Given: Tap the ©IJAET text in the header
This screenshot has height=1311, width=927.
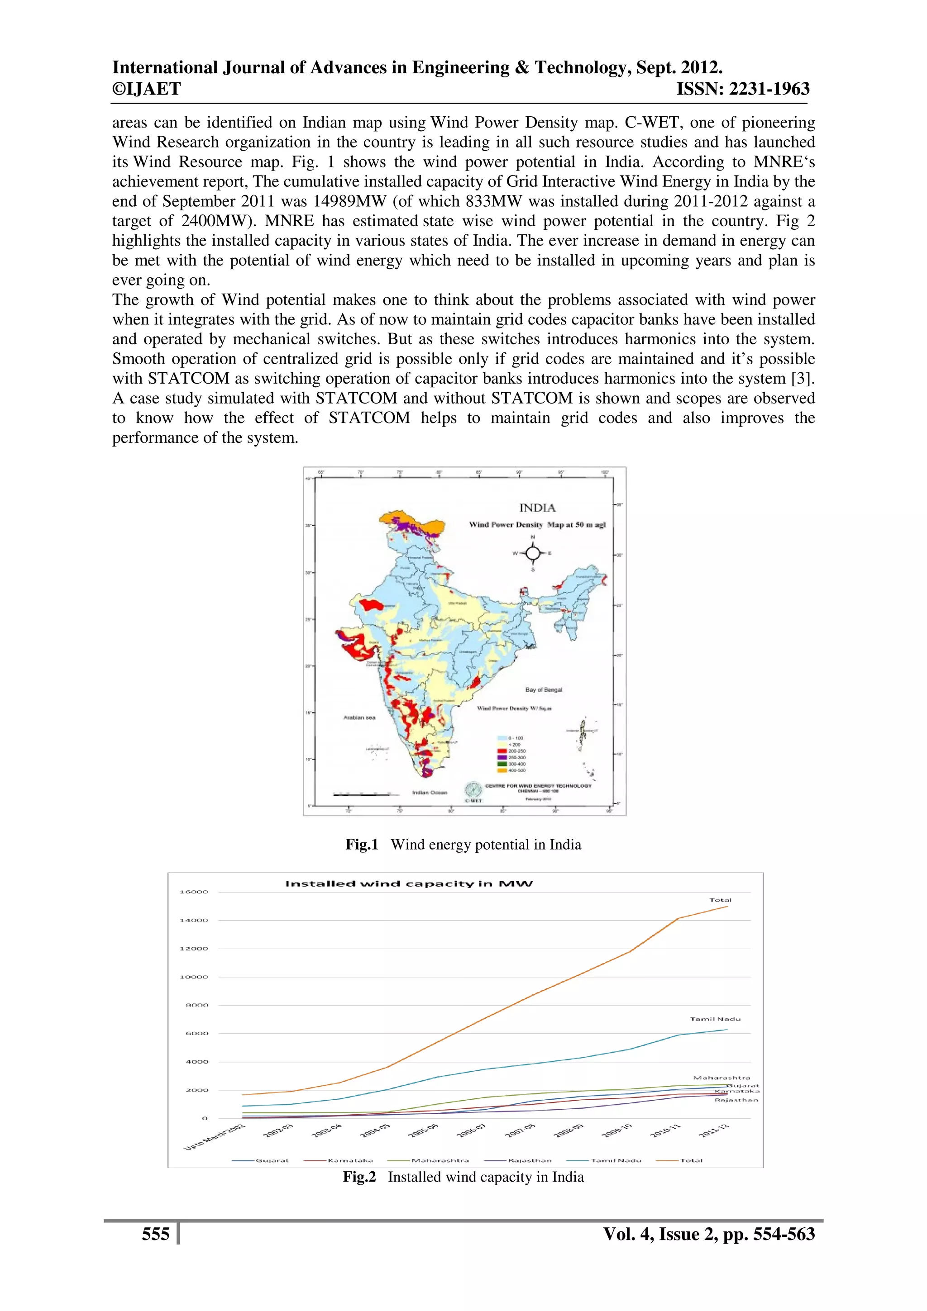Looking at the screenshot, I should (146, 89).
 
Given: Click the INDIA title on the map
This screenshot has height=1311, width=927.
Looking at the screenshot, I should (537, 508).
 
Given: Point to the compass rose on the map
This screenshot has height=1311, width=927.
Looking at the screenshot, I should (533, 553).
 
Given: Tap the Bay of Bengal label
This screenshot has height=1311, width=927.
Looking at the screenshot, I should (544, 690).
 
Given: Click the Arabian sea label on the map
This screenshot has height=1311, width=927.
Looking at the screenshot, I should (359, 718).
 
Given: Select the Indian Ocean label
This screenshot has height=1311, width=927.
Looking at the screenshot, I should (430, 793).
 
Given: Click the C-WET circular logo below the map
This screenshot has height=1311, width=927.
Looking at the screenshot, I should (473, 790).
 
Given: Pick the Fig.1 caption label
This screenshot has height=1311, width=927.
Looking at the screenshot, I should (362, 845).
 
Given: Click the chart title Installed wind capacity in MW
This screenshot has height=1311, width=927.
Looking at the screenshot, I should (409, 884).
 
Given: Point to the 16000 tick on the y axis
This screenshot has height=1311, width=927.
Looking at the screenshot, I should (194, 892).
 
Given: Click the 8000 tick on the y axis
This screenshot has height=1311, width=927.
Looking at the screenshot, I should (197, 1005).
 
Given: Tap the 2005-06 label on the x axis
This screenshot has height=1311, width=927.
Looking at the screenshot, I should (424, 1130).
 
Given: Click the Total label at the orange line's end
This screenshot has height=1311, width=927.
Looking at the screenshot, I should (720, 900).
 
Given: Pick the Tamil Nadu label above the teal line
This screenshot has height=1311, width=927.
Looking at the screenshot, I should (715, 1019).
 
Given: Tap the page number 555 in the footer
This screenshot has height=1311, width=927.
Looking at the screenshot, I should (155, 1235).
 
